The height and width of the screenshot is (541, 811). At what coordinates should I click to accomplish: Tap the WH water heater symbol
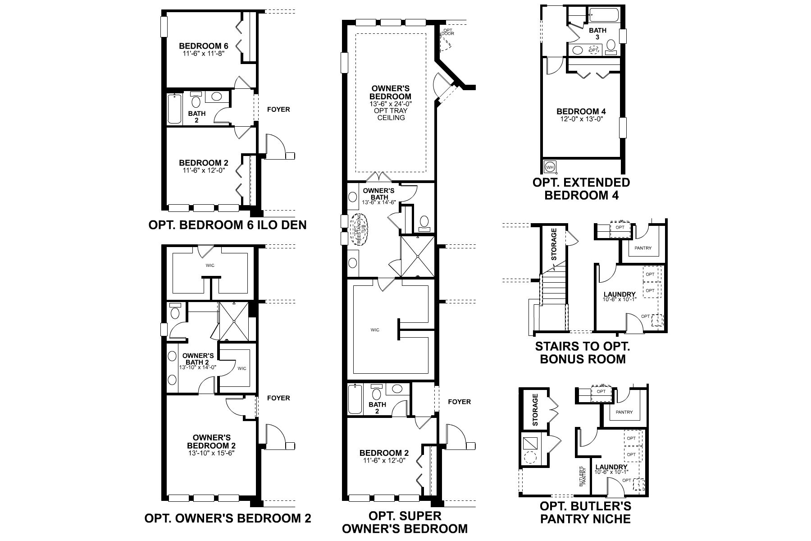[550, 167]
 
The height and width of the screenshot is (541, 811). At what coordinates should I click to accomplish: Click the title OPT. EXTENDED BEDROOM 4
[581, 189]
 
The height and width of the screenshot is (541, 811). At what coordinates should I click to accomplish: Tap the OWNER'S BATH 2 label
[198, 358]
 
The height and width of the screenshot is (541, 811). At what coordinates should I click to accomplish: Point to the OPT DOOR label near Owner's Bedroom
[447, 32]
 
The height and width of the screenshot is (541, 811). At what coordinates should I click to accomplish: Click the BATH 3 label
[598, 33]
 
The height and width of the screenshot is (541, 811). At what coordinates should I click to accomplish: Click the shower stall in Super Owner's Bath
[418, 256]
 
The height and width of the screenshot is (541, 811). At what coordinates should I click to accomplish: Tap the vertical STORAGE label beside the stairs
[554, 244]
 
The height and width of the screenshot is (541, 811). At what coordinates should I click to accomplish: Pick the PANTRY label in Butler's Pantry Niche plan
[624, 412]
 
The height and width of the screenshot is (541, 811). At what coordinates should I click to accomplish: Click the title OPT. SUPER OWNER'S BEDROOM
[405, 522]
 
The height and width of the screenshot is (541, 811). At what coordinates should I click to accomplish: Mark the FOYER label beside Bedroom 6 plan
[278, 109]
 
